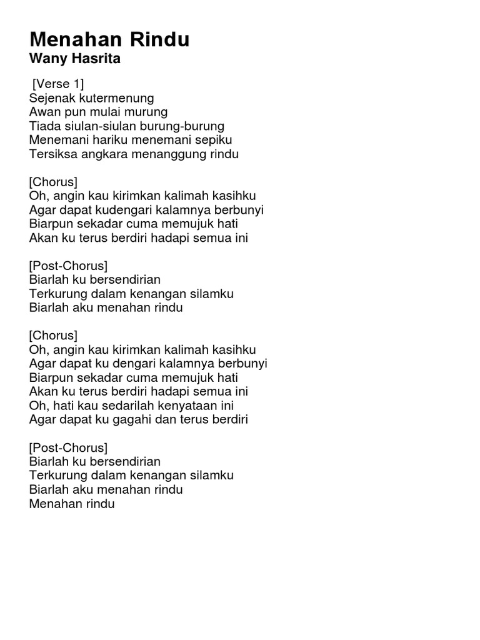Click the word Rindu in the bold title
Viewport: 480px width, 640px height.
click(160, 41)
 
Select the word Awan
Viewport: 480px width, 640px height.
click(42, 112)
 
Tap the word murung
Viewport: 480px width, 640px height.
click(146, 112)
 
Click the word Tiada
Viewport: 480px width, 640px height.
click(43, 126)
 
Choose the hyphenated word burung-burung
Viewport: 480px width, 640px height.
click(182, 126)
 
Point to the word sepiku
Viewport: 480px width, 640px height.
click(214, 140)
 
